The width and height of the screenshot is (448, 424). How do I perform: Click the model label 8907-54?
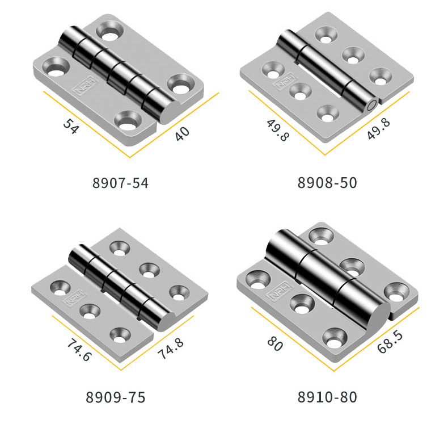(x=120, y=183)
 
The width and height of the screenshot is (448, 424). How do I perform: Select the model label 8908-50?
(x=327, y=183)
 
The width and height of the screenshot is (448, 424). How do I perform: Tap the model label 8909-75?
(x=116, y=397)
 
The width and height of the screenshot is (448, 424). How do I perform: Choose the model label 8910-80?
(x=327, y=397)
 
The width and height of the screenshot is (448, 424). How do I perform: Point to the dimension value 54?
(x=70, y=127)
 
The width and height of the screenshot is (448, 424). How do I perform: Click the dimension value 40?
(x=182, y=134)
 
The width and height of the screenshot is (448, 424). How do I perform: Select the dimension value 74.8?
(x=171, y=349)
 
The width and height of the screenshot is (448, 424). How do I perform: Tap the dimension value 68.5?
(x=390, y=342)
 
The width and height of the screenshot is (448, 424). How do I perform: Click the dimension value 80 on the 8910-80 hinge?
(x=275, y=343)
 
